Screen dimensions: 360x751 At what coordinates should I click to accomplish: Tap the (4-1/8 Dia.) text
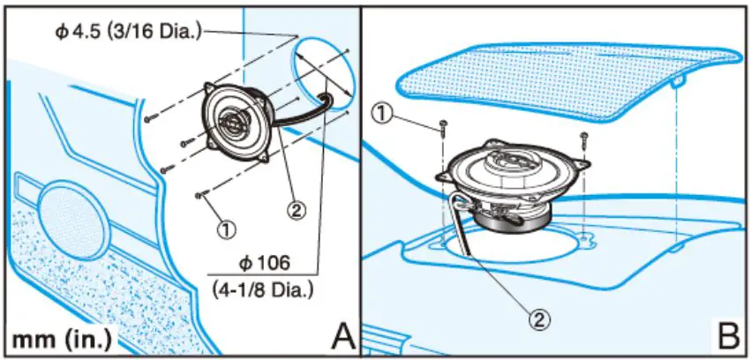[268, 289]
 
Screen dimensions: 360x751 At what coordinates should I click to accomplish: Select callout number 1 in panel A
[228, 229]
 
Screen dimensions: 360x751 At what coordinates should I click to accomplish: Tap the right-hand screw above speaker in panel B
[584, 137]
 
